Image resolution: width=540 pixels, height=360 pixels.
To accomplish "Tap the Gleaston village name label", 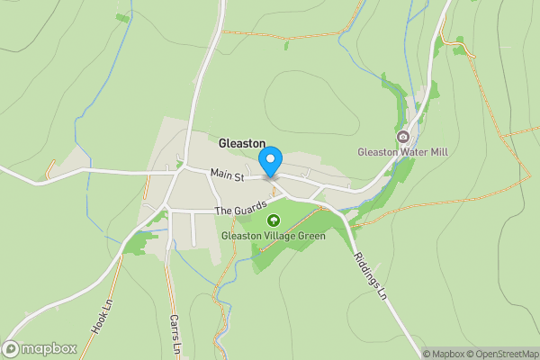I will pos(242,143).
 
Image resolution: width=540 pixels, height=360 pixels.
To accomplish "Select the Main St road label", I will pos(228,176).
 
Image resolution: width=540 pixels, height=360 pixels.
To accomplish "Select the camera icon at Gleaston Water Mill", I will pos(402,137).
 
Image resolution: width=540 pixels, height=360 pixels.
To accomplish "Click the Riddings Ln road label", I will pos(369,281).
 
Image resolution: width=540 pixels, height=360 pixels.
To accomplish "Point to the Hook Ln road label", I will pos(101,318).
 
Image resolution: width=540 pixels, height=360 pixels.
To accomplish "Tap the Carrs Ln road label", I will pos(175,335).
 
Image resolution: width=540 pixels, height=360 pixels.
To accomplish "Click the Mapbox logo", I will pos(39,348).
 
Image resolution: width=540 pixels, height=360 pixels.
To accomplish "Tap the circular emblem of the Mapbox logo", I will pos(11,348).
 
